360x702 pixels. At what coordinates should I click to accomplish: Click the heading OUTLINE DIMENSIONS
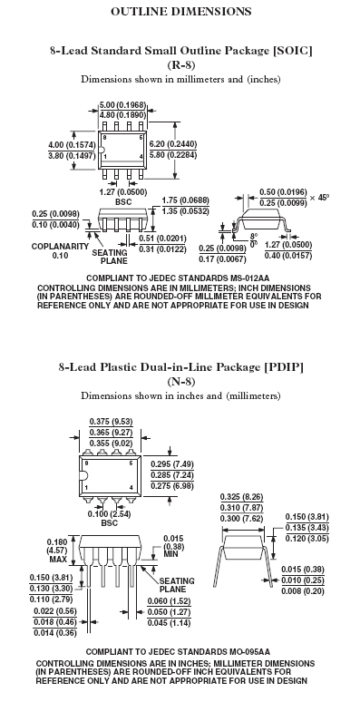click(180, 11)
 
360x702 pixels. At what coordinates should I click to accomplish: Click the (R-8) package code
click(180, 64)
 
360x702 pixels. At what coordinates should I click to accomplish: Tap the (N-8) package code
click(180, 382)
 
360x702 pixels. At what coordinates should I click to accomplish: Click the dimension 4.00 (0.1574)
click(72, 144)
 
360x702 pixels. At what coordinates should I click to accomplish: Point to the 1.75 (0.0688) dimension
click(185, 200)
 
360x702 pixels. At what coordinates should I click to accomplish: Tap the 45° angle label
click(324, 197)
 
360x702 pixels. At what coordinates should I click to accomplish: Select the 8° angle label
click(254, 236)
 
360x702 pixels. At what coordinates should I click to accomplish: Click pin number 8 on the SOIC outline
click(104, 138)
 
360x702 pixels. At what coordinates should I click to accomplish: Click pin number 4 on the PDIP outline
click(131, 487)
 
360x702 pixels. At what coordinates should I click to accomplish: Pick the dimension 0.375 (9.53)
click(111, 421)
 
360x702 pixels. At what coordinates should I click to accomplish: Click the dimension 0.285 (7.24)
click(172, 474)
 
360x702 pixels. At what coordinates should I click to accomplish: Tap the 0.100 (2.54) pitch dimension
click(109, 513)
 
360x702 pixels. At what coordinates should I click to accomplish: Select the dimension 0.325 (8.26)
click(242, 497)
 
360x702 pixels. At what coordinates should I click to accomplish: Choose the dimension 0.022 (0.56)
click(55, 611)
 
